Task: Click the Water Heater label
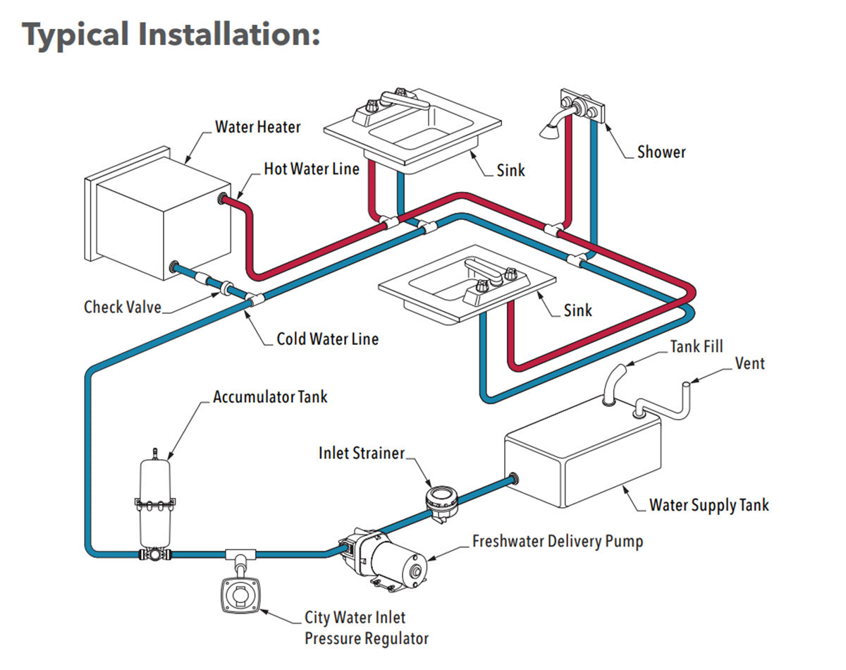[x=257, y=127]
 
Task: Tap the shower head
[x=548, y=129]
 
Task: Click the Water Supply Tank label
[x=709, y=505]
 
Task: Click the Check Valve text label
[x=123, y=307]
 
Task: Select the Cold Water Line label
[x=327, y=339]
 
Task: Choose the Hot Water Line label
[x=311, y=169]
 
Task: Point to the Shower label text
[x=661, y=152]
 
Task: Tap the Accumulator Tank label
[x=270, y=396]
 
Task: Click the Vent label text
[x=749, y=364]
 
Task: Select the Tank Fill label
[x=697, y=346]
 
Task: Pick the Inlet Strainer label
[x=361, y=453]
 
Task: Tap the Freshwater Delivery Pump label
[x=557, y=542]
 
